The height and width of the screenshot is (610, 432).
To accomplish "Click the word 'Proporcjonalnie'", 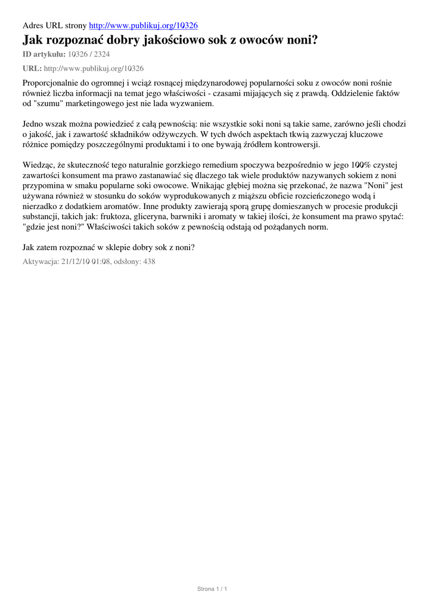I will click(51, 83).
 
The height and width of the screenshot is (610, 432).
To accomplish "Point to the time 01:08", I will click(100, 261).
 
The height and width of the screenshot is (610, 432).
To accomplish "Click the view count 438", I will click(148, 261).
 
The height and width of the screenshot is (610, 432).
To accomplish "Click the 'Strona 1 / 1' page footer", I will click(213, 589).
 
